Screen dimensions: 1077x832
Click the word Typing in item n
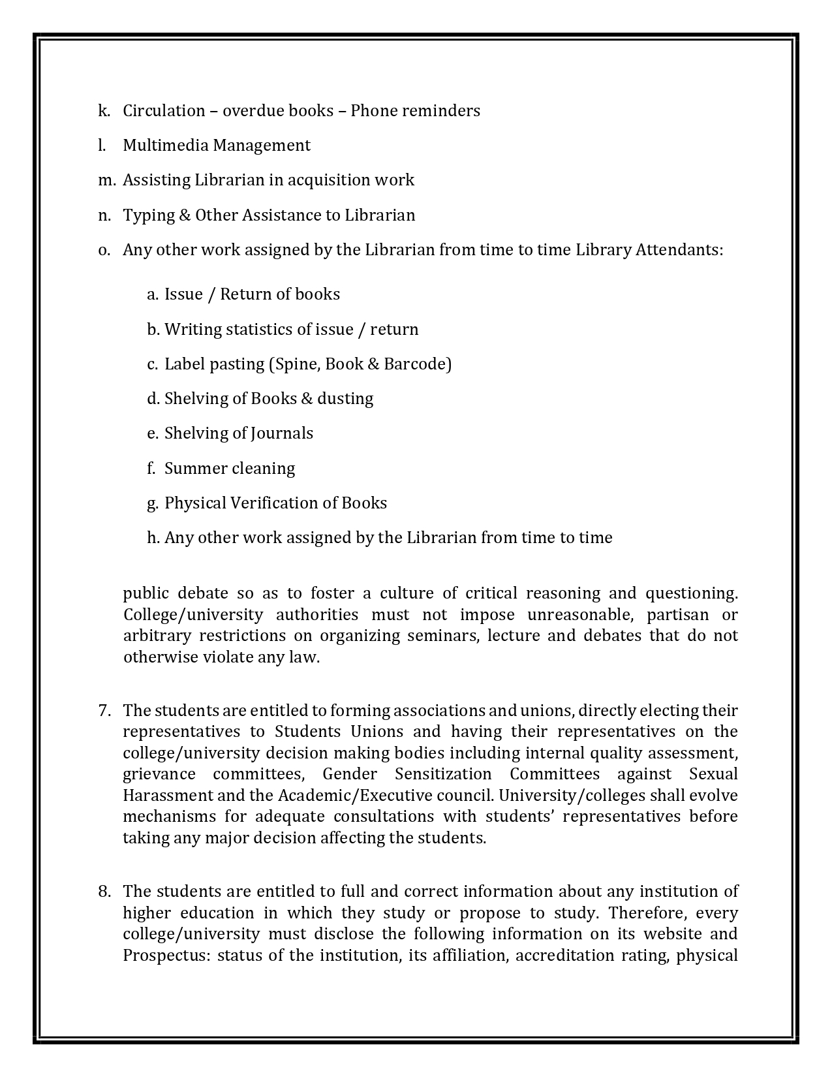click(x=144, y=215)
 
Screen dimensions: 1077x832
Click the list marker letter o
click(x=104, y=251)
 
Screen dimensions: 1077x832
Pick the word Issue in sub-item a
click(x=183, y=294)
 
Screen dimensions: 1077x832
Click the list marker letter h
click(x=153, y=538)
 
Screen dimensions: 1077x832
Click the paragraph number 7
click(x=104, y=710)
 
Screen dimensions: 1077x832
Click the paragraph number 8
click(x=104, y=892)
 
